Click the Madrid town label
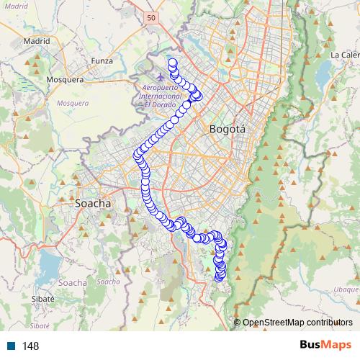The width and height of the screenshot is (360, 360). [36, 41]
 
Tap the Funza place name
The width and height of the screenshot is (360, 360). [102, 61]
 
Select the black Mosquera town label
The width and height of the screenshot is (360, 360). [65, 79]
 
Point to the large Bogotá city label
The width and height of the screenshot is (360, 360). [227, 130]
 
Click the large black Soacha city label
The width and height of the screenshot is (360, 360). [93, 204]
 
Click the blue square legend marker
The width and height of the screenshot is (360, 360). [11, 346]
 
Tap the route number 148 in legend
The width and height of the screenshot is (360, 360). [30, 346]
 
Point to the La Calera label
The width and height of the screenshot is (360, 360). [344, 55]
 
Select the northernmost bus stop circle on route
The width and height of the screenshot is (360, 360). [173, 62]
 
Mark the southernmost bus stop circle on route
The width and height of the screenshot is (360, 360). [220, 279]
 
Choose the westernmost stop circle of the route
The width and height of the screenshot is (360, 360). [138, 153]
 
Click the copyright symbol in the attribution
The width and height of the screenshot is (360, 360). [237, 323]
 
